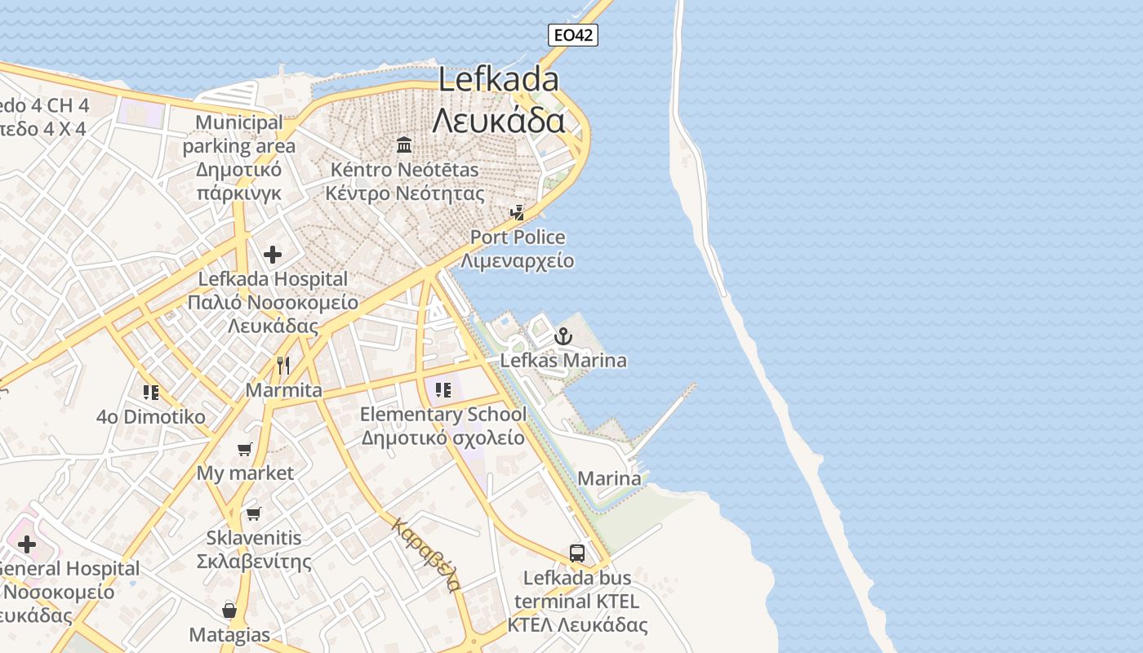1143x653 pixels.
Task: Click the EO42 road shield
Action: tap(573, 34)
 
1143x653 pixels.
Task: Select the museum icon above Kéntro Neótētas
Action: tap(404, 145)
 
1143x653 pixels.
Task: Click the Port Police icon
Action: tap(517, 213)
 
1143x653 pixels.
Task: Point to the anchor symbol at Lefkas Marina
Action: tap(563, 335)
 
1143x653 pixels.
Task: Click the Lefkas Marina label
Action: tap(563, 360)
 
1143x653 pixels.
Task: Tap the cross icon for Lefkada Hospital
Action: tap(273, 255)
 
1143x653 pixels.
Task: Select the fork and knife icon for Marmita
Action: tap(283, 365)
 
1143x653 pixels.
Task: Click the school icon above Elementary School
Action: tap(443, 389)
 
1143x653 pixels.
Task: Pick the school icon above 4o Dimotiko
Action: tap(150, 393)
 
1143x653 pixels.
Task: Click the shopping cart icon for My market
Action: tap(244, 449)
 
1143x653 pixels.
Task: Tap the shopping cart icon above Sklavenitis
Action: tap(253, 513)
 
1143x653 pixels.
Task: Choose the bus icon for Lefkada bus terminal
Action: tap(577, 553)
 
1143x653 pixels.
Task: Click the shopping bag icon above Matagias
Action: tap(229, 610)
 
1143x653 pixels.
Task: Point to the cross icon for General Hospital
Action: tap(27, 544)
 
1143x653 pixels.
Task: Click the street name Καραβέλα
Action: tap(427, 554)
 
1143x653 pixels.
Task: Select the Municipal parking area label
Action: tap(239, 135)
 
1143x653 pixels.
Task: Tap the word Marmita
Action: tap(284, 390)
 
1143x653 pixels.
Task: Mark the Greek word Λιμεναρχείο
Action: tap(517, 261)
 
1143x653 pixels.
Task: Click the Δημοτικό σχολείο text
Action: tap(443, 438)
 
